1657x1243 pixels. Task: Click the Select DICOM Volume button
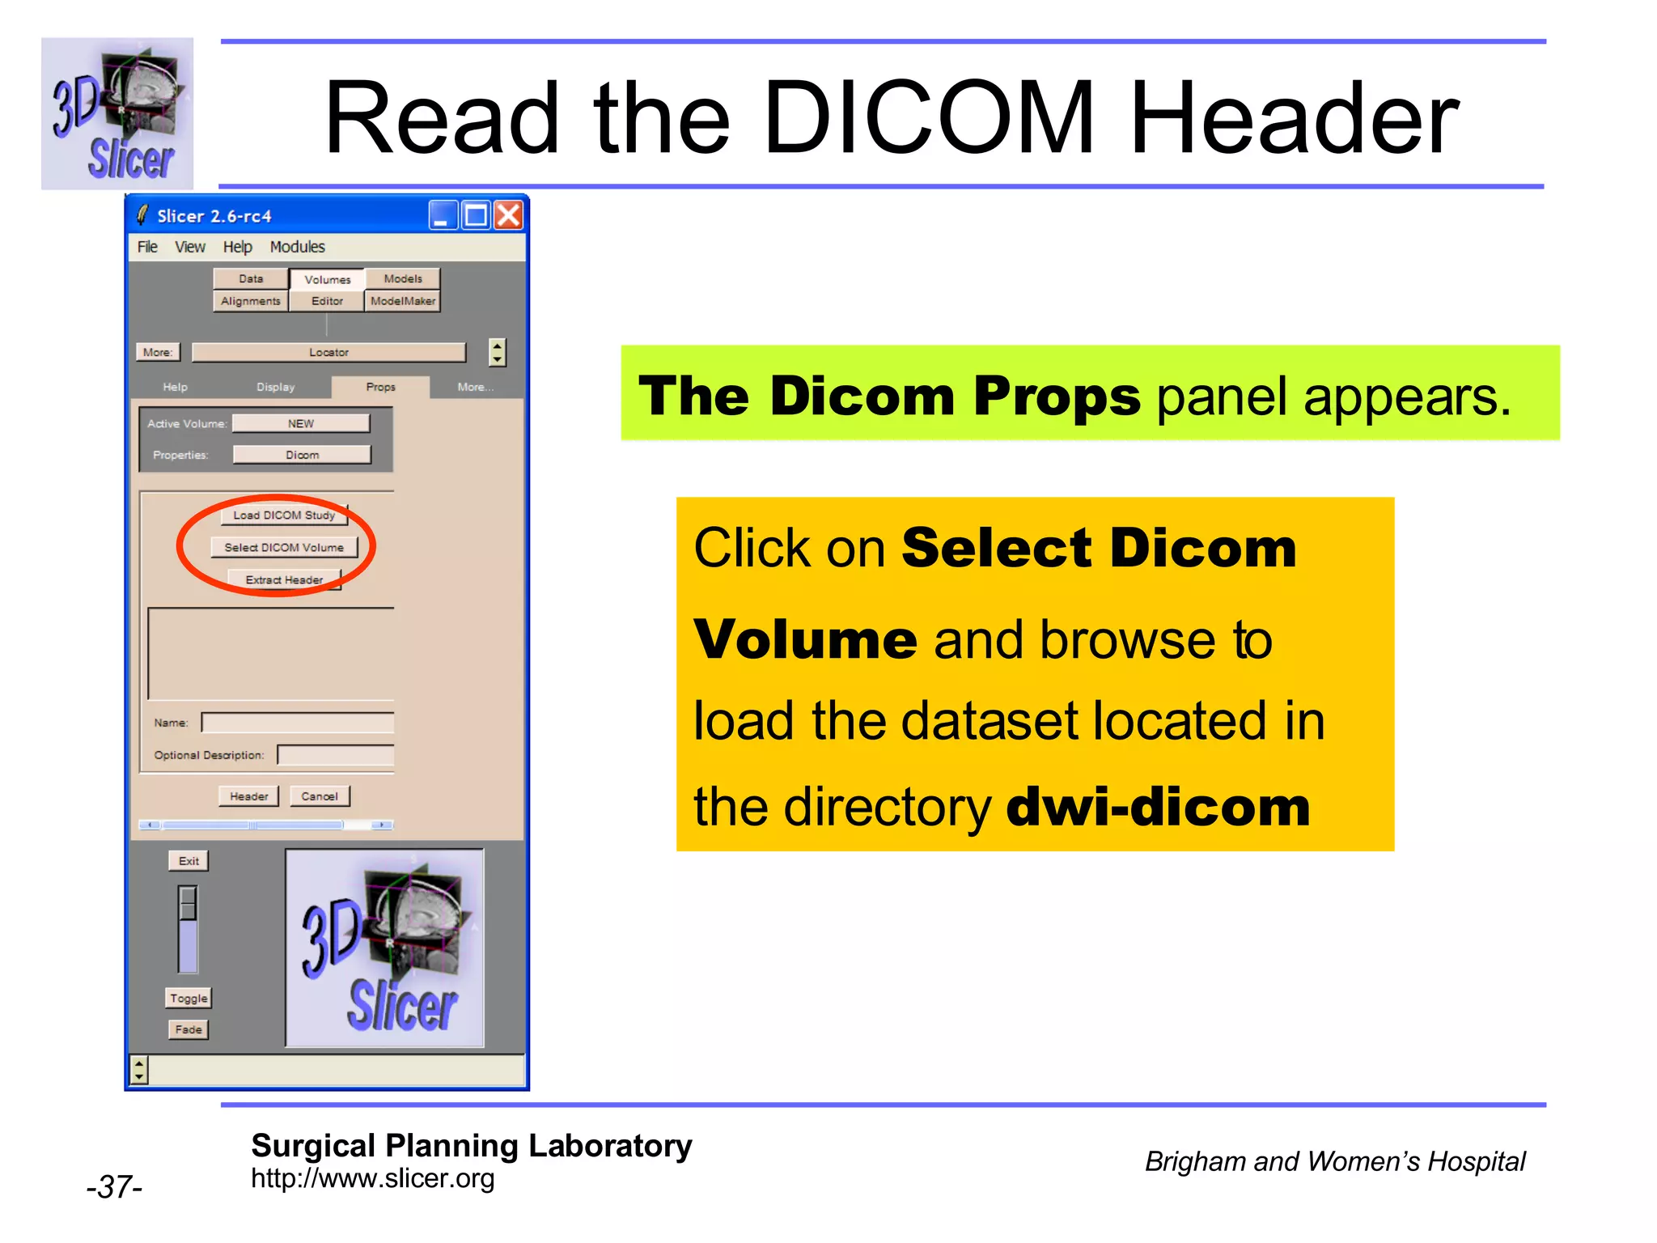tap(284, 548)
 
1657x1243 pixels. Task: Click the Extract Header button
tap(284, 580)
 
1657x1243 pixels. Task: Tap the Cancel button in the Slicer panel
tap(320, 796)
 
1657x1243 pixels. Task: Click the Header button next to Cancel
tap(248, 796)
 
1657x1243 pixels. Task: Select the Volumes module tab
tap(327, 279)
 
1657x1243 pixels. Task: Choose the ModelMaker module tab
tap(403, 301)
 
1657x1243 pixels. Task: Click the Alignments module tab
tap(251, 301)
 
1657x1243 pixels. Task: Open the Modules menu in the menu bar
tap(297, 247)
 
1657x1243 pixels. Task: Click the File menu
tap(147, 247)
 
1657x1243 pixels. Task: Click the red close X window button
tap(509, 216)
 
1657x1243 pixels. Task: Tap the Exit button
tap(189, 861)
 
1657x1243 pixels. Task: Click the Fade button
tap(189, 1029)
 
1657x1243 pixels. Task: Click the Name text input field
tap(298, 723)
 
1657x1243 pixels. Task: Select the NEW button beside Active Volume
tap(301, 423)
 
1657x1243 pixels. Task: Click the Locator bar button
tap(328, 353)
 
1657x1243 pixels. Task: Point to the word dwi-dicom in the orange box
tap(1157, 808)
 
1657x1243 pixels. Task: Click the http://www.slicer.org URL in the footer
tap(372, 1178)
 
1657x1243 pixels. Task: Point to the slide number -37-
tap(114, 1187)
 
